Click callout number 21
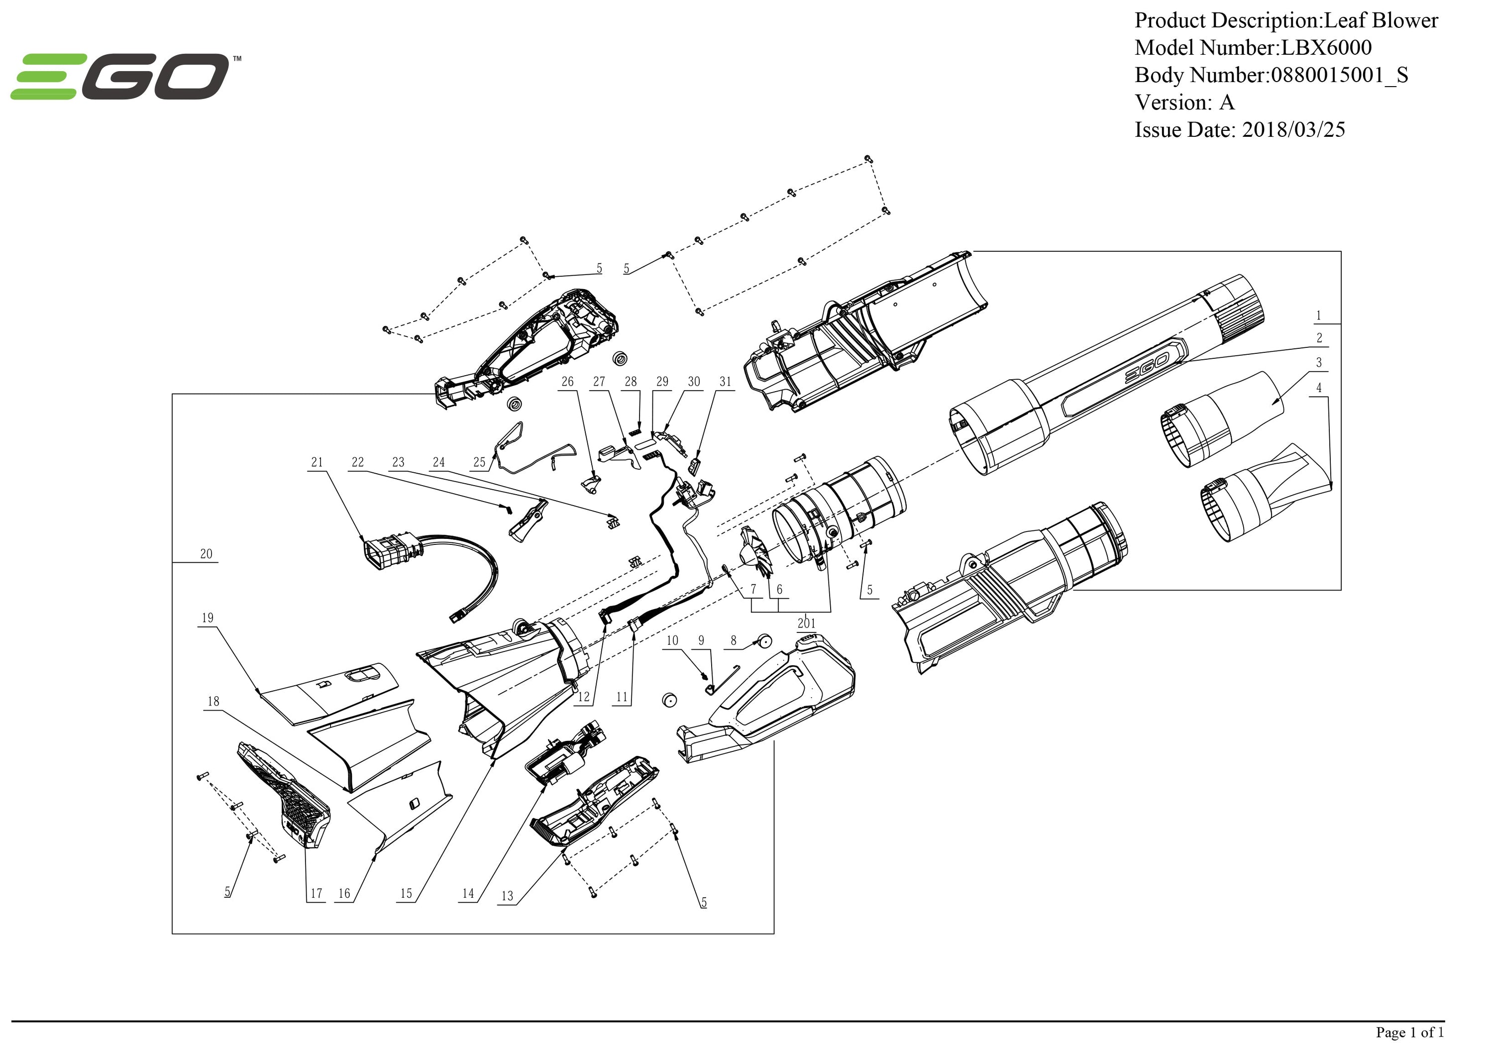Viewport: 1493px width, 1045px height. pos(317,462)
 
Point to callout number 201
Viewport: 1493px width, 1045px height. pos(806,623)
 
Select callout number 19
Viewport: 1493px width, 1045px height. pos(208,618)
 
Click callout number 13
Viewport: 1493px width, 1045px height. pos(507,896)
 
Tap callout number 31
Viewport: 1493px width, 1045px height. pos(725,382)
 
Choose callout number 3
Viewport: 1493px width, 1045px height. pos(1319,363)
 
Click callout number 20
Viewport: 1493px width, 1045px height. pos(206,554)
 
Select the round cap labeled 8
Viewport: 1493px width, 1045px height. pos(762,642)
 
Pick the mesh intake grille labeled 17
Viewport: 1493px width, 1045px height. pos(286,797)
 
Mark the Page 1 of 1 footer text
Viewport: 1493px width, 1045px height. pos(1409,1032)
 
